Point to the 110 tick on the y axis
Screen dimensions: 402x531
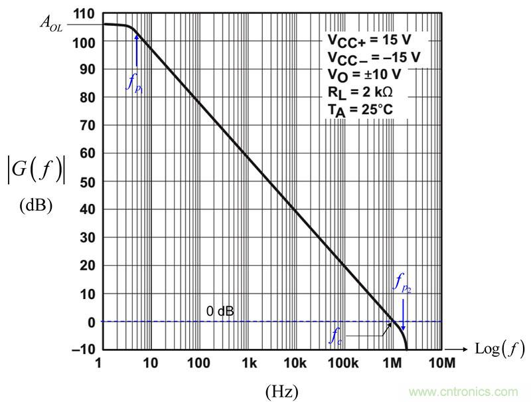pos(85,13)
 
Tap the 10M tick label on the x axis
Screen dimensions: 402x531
pos(442,363)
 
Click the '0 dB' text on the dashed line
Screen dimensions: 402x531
pos(220,310)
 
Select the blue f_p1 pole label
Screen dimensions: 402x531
pos(135,82)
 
